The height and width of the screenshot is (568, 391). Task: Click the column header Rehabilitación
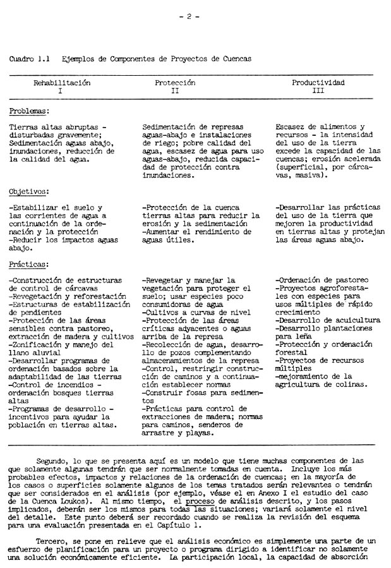pos(62,83)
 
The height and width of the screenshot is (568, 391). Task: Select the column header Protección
pos(175,83)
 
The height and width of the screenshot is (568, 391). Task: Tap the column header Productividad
pos(318,83)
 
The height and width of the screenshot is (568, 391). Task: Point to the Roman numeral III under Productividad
pos(318,91)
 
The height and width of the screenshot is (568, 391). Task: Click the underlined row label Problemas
pos(29,111)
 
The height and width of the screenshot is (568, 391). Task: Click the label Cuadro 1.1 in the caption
pos(30,59)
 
